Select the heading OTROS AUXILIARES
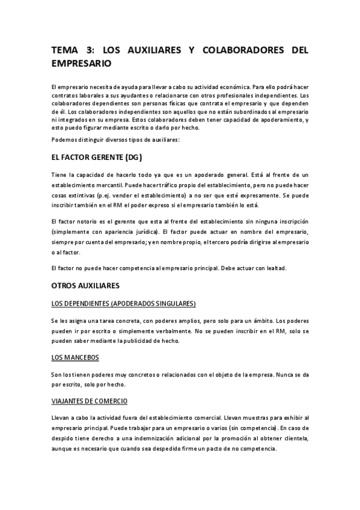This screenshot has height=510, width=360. [x=85, y=284]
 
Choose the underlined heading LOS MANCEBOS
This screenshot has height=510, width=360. [x=75, y=358]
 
